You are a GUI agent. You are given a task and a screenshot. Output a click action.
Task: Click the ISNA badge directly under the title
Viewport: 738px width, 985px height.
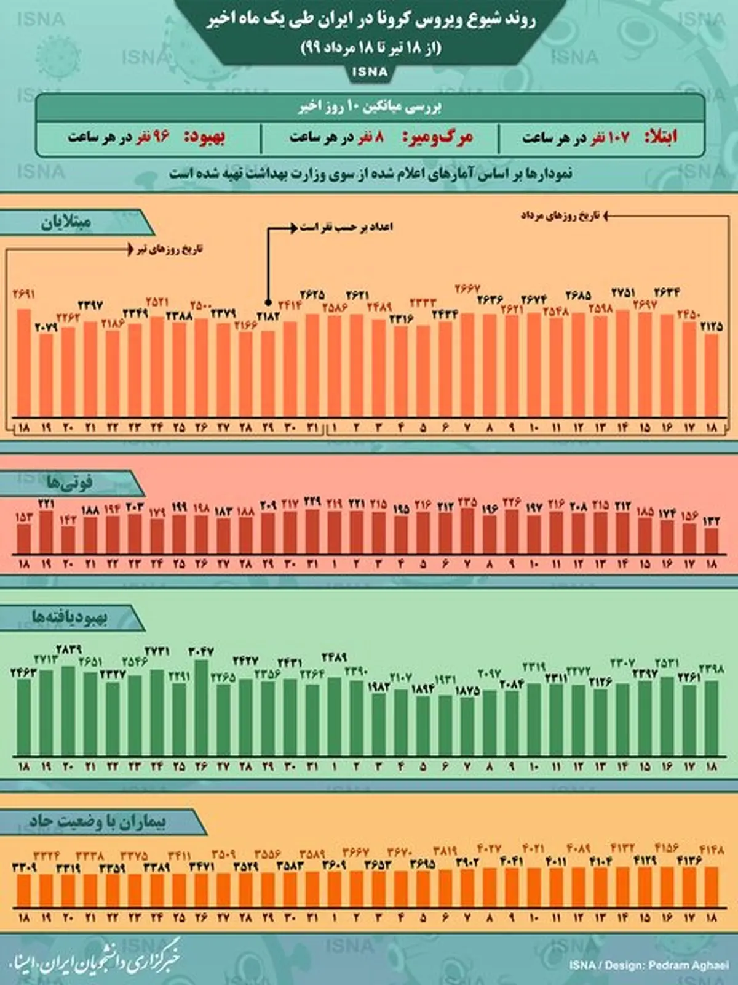click(370, 72)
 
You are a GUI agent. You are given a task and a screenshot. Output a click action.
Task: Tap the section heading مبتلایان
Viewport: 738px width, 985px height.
click(66, 222)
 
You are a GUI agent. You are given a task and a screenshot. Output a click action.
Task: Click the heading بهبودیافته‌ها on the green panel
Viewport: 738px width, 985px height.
click(69, 617)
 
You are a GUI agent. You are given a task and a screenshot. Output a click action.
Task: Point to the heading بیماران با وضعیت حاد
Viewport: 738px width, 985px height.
click(97, 822)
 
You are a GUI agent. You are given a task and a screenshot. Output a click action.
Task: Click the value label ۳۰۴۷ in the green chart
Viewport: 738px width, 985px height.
click(201, 651)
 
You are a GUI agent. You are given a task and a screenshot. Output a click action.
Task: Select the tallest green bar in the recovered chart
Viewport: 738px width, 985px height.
click(201, 708)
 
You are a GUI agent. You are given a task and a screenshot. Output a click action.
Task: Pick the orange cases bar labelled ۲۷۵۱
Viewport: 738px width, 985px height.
click(622, 363)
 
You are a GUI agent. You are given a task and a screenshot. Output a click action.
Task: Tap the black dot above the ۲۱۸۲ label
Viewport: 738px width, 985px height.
click(268, 302)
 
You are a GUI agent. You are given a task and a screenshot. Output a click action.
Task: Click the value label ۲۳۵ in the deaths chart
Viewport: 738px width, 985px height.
click(467, 502)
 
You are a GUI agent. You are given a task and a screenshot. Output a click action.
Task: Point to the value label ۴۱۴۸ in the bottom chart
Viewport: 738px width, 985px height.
click(711, 850)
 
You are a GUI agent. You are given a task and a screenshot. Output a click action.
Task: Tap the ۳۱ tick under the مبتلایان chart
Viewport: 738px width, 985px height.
click(312, 427)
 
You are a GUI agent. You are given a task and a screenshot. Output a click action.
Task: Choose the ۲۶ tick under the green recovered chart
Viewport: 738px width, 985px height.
click(201, 767)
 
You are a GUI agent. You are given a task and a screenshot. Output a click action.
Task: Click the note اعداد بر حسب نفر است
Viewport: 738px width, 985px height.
click(346, 227)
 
